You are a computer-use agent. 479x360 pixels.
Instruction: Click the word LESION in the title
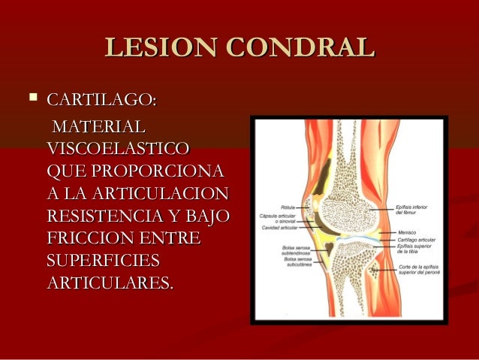click(x=151, y=47)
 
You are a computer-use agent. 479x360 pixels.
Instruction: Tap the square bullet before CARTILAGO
click(x=31, y=98)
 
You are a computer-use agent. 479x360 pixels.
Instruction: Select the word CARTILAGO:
click(x=101, y=99)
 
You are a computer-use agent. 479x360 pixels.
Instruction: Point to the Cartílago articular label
click(x=413, y=239)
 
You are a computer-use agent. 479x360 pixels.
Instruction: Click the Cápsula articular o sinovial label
click(x=277, y=219)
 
